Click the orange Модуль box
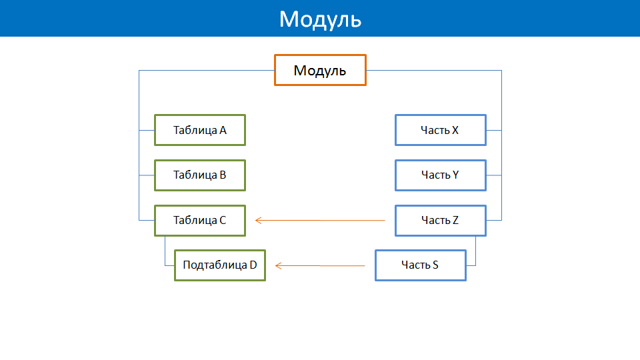(x=320, y=70)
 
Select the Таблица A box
(x=200, y=130)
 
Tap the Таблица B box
(x=200, y=175)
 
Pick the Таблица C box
(x=200, y=221)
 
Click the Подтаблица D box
(x=220, y=265)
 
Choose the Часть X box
(x=441, y=130)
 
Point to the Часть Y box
(x=441, y=175)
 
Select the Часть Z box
(x=441, y=221)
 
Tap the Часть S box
(x=421, y=265)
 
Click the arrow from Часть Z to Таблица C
(x=320, y=221)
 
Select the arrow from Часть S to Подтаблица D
(x=320, y=266)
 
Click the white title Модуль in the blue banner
(x=321, y=19)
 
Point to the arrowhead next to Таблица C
(x=258, y=221)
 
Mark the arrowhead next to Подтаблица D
(x=278, y=266)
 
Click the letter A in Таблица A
(x=223, y=130)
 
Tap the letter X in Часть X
(x=455, y=130)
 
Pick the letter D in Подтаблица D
(x=253, y=265)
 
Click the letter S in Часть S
(x=435, y=265)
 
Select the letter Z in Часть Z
(x=455, y=221)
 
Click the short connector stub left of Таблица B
(x=147, y=175)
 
